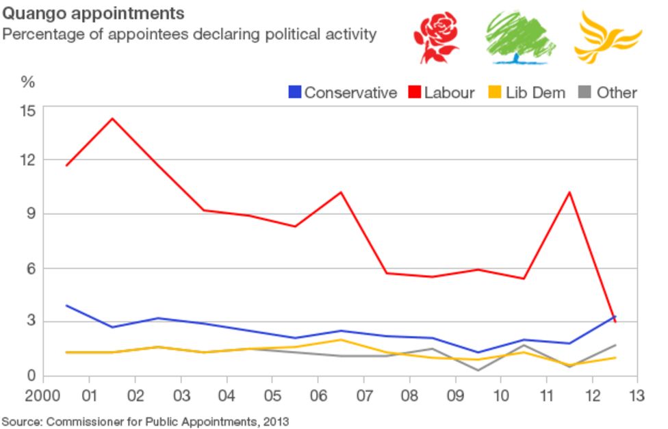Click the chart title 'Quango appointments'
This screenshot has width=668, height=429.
[x=93, y=13]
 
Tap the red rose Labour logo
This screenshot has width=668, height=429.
[x=437, y=37]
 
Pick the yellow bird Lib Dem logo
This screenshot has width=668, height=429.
[x=607, y=36]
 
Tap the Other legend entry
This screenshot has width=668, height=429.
[x=608, y=92]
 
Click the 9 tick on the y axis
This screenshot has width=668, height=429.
[x=29, y=214]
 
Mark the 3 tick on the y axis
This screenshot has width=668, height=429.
[x=29, y=322]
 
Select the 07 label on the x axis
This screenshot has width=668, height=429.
[x=363, y=396]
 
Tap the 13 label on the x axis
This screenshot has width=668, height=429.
[x=637, y=396]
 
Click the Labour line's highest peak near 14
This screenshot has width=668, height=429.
[x=112, y=118]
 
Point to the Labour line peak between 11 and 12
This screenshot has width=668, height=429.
[x=569, y=192]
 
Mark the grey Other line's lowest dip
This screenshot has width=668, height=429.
[x=478, y=370]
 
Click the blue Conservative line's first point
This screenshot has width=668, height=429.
[x=66, y=305]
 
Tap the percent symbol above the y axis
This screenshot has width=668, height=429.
[x=27, y=83]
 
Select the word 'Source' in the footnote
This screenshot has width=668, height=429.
[x=21, y=421]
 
